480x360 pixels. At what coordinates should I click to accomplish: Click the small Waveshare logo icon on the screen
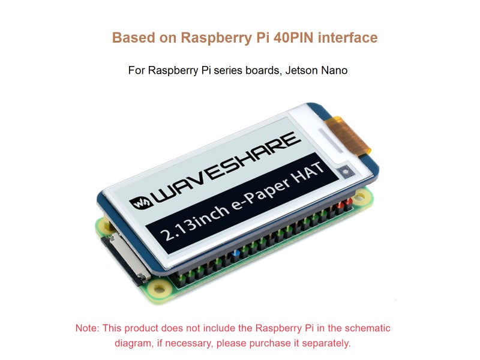point(142,201)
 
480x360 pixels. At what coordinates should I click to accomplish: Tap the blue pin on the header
point(236,254)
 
